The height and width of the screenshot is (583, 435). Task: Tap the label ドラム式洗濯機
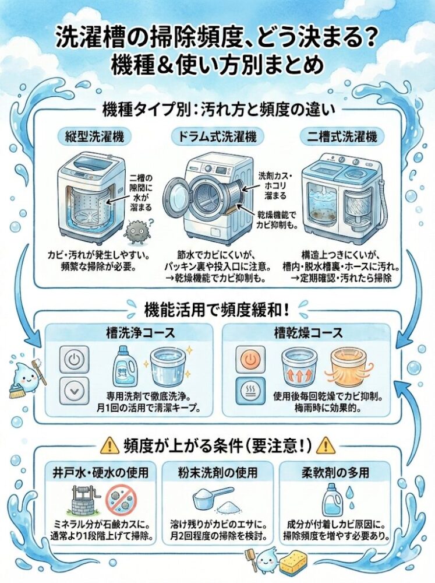point(218,137)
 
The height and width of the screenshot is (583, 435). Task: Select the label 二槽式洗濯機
point(342,137)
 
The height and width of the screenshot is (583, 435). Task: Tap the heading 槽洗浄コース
point(140,332)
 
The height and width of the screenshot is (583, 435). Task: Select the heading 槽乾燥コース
point(308,332)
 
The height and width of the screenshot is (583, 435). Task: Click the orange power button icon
point(251,360)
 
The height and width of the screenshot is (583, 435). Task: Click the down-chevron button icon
point(75,391)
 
